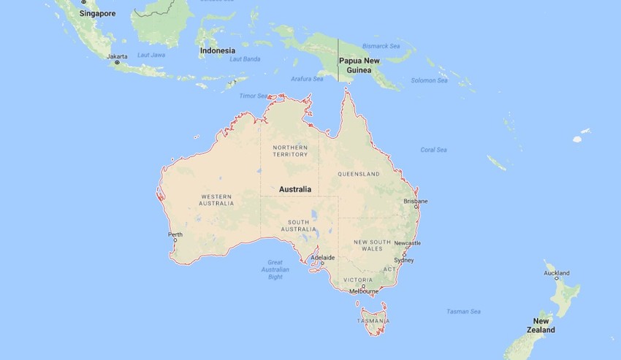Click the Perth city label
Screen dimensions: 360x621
175,234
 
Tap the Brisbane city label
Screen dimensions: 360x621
416,201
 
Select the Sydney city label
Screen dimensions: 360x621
403,260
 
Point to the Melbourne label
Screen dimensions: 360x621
364,291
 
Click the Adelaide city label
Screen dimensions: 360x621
322,258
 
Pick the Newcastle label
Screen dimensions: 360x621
407,242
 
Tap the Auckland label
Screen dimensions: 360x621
557,273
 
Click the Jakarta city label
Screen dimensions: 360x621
117,56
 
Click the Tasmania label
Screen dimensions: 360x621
373,321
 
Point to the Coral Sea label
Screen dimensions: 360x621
433,150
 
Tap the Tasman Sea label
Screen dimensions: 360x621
463,312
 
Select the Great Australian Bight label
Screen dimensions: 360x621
275,269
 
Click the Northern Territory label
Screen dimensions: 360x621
290,151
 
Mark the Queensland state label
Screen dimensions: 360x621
359,174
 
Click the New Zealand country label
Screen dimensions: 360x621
541,326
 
